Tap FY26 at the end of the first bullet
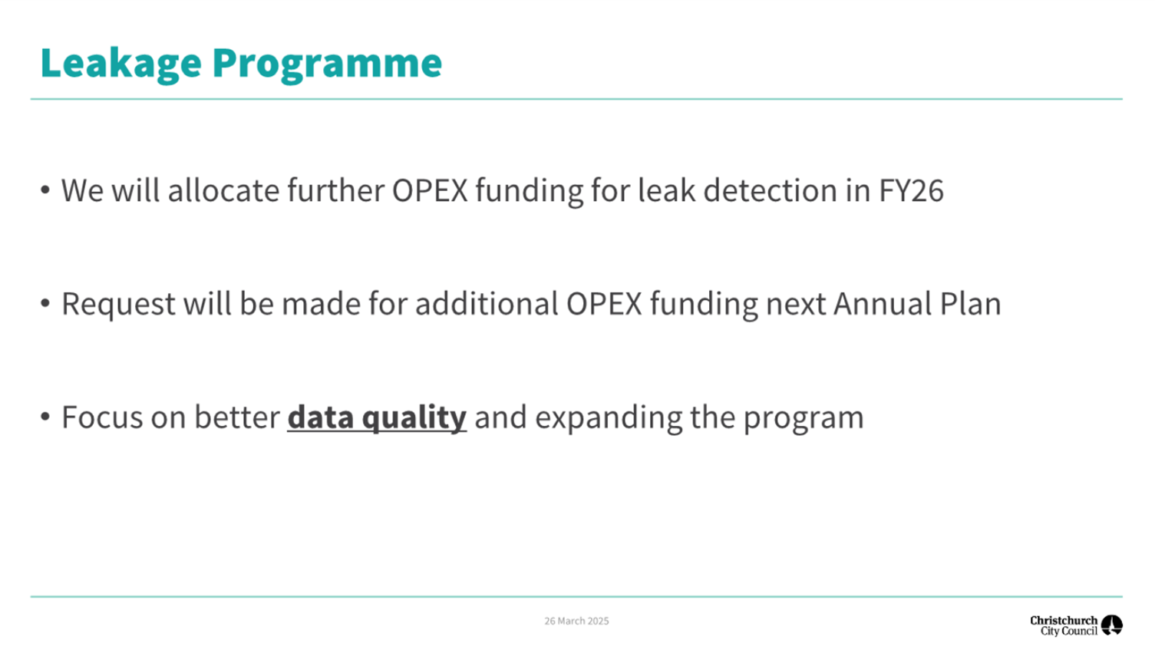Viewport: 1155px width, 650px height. (911, 190)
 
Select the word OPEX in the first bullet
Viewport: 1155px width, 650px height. (430, 190)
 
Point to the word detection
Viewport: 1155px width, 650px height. (771, 190)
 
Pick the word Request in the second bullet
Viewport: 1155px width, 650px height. (119, 304)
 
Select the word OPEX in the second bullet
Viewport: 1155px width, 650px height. (604, 304)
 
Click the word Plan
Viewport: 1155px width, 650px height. (970, 304)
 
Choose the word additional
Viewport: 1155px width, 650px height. (487, 304)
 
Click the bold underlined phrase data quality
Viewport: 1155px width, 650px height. (377, 417)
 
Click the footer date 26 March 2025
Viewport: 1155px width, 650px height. (576, 621)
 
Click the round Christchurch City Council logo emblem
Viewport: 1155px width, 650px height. (1112, 625)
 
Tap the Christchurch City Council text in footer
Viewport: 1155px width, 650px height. (1064, 625)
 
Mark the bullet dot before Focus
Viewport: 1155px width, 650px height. (45, 417)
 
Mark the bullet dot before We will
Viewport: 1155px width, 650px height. (45, 190)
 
